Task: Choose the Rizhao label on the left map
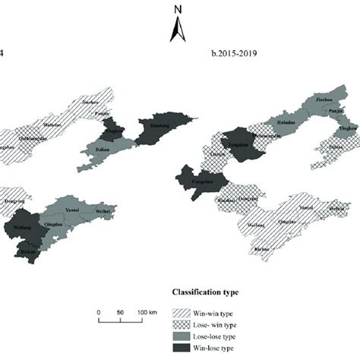point(29,251)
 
